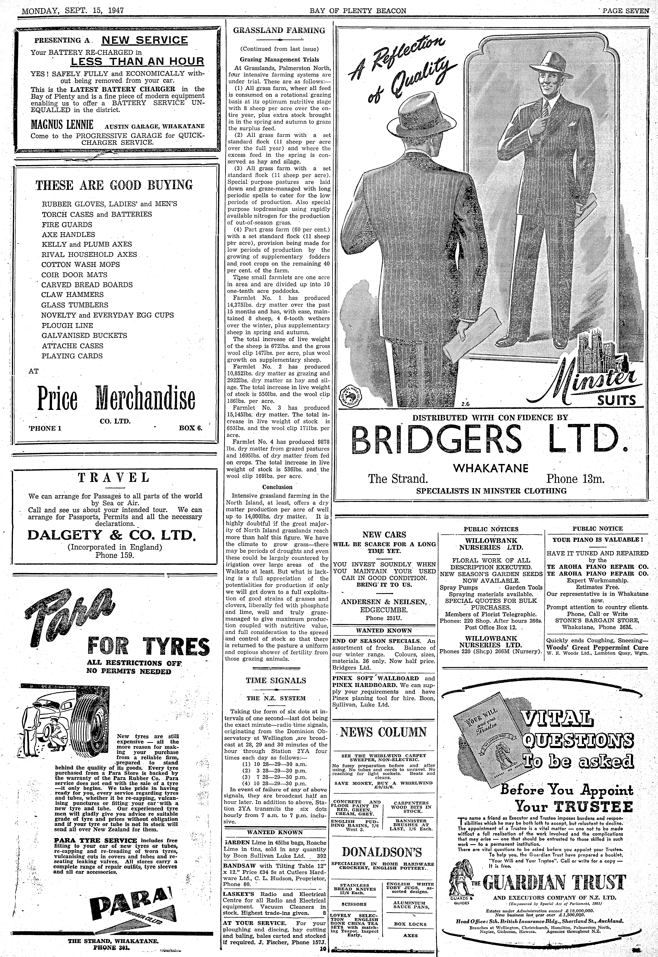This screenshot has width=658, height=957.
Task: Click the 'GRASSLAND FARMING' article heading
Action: (x=279, y=30)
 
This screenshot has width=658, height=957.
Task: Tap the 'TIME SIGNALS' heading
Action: (x=276, y=681)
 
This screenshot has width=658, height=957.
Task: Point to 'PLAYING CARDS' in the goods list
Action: (x=72, y=356)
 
